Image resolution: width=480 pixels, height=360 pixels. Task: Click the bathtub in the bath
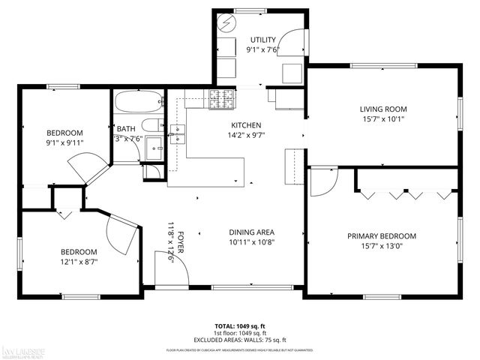pyautogui.click(x=138, y=102)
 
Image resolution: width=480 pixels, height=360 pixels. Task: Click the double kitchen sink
pyautogui.click(x=178, y=133)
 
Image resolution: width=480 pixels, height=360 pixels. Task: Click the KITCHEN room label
pyautogui.click(x=245, y=125)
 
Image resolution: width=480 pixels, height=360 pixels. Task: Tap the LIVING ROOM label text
pyautogui.click(x=382, y=107)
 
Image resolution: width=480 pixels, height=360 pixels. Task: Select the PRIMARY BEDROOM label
pyautogui.click(x=381, y=236)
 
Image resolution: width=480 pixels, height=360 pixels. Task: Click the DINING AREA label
pyautogui.click(x=252, y=232)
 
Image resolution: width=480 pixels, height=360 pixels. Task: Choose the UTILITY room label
pyautogui.click(x=262, y=40)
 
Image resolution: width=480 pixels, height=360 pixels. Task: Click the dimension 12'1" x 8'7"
pyautogui.click(x=78, y=262)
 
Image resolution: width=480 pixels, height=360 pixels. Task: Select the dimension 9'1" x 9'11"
pyautogui.click(x=64, y=142)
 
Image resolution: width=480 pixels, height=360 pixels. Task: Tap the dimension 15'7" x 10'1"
pyautogui.click(x=382, y=118)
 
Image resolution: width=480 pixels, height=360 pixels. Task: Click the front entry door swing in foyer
pyautogui.click(x=164, y=266)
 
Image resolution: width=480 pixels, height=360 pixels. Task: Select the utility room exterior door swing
pyautogui.click(x=295, y=29)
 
